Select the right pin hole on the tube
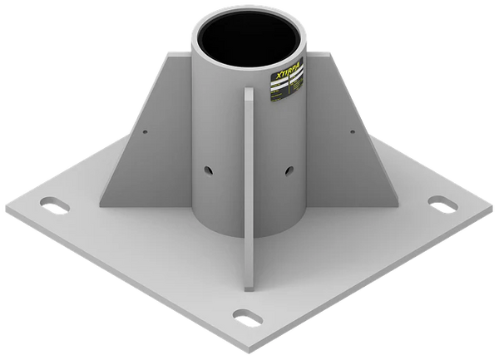click(288, 170)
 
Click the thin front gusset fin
click(249, 191)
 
